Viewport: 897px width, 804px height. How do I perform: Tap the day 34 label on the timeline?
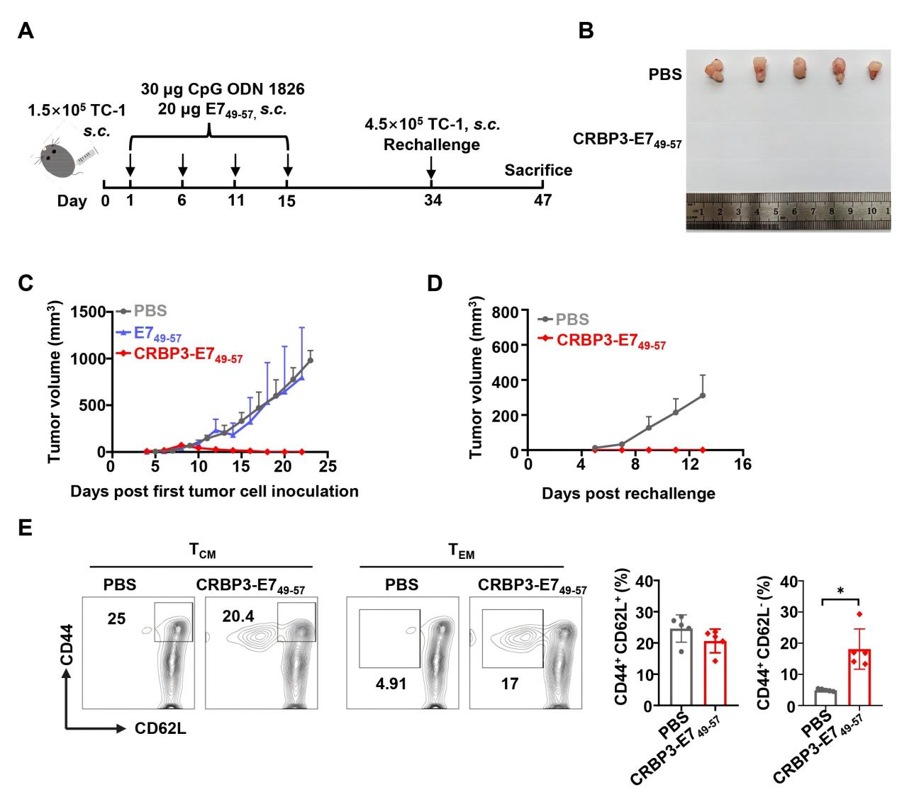click(x=433, y=201)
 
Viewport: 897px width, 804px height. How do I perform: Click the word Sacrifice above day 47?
click(x=538, y=171)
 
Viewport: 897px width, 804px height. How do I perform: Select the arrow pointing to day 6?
click(x=183, y=166)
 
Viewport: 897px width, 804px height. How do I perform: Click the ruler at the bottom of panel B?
click(x=788, y=211)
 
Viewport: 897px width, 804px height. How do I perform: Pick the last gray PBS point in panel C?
click(x=310, y=360)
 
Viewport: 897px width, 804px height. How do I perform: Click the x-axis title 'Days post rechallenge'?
click(x=628, y=494)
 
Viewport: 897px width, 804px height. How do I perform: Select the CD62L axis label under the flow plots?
click(x=161, y=728)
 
